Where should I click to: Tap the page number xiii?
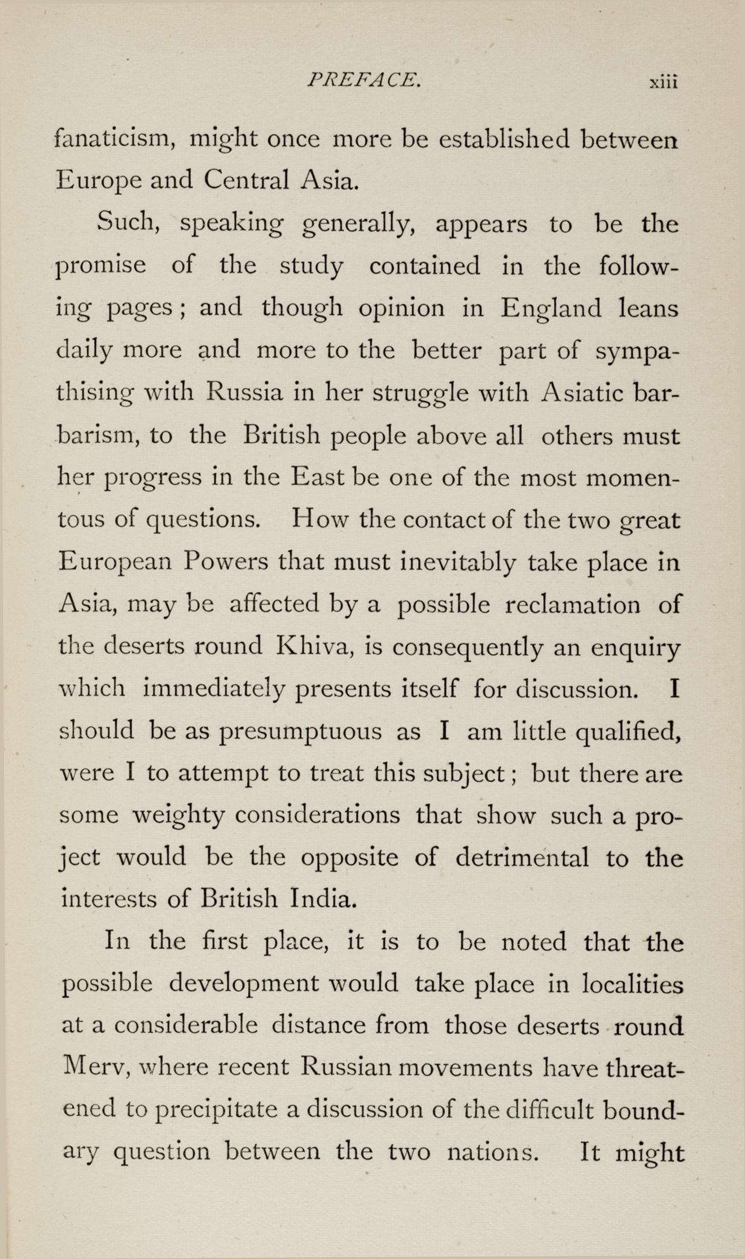663,82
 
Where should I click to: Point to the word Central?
247,180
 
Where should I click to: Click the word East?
318,477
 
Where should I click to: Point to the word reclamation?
573,605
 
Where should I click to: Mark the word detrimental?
522,858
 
